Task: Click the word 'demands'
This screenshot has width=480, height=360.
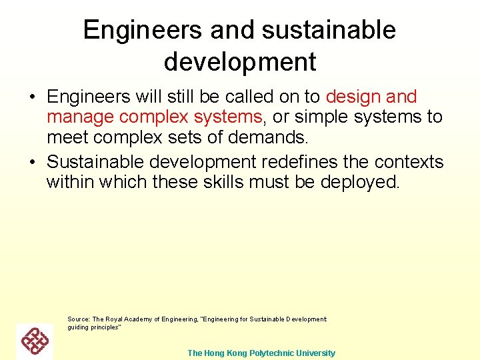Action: (269, 137)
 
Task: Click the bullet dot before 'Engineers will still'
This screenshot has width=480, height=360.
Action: (32, 98)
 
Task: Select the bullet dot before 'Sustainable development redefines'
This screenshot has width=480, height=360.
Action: (32, 163)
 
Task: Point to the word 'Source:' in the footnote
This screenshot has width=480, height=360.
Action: (79, 319)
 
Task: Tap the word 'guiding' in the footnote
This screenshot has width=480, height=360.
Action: (77, 327)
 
